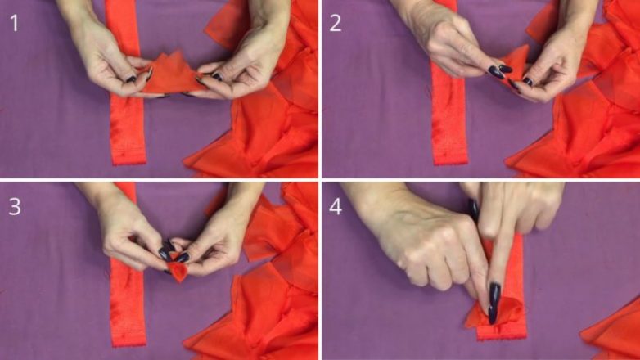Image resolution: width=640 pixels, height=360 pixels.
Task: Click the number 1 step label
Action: click(14, 23)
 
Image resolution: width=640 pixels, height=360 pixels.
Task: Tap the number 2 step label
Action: click(335, 23)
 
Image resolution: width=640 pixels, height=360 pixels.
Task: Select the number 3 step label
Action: click(15, 206)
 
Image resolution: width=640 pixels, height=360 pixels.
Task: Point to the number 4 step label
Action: click(336, 206)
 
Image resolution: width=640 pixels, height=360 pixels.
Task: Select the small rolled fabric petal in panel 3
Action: click(178, 270)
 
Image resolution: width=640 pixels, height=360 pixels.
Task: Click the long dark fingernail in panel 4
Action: click(494, 302)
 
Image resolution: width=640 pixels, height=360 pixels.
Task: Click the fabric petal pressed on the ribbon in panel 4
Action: click(496, 313)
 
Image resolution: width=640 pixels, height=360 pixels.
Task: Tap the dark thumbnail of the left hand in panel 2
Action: click(496, 72)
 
